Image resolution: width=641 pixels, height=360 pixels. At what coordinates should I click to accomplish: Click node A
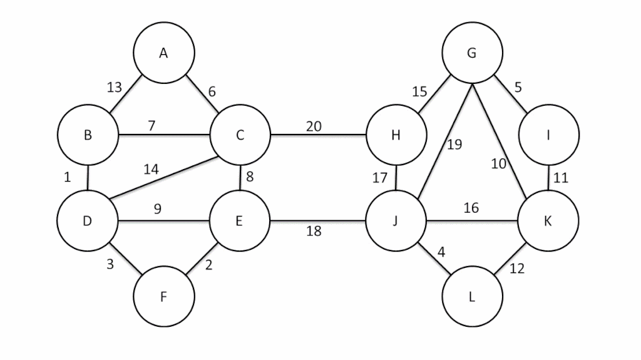click(163, 53)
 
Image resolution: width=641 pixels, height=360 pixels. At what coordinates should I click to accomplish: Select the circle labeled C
click(240, 135)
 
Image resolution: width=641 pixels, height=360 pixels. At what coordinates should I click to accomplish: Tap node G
click(471, 53)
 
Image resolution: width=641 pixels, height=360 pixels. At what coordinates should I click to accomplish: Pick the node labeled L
click(471, 297)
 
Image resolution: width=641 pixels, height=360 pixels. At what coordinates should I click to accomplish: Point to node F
click(163, 297)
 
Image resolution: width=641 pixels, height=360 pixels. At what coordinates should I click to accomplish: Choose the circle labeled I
click(548, 135)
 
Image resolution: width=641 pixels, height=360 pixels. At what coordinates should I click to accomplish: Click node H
click(396, 135)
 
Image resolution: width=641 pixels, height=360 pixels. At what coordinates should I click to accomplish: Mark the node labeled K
click(548, 221)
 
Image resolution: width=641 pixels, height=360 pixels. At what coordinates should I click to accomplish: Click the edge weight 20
click(314, 126)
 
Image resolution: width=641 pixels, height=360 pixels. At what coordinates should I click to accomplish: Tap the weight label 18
click(314, 231)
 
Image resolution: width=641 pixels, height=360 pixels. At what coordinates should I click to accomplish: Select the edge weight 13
click(115, 87)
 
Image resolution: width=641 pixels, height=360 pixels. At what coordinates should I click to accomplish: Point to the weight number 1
click(68, 177)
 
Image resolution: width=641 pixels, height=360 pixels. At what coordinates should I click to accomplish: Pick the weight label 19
click(454, 145)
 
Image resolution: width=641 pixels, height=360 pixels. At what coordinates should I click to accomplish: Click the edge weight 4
click(442, 254)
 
